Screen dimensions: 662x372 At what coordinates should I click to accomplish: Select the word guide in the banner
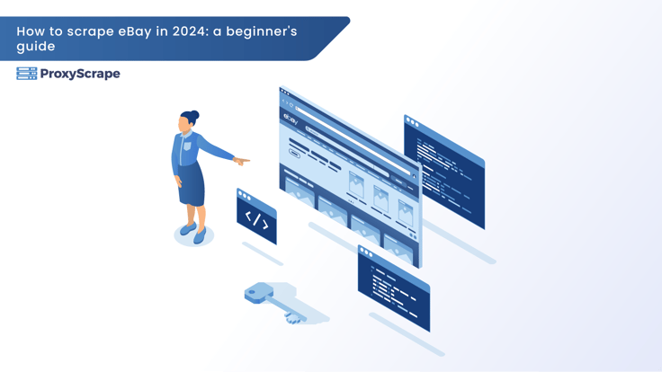click(x=36, y=47)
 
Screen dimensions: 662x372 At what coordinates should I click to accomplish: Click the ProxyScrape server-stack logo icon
click(x=27, y=74)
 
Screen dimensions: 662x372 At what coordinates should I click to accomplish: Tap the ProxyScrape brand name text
click(x=80, y=74)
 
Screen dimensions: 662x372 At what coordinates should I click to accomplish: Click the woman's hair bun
click(x=194, y=115)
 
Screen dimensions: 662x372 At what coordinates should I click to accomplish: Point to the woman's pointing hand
click(x=241, y=161)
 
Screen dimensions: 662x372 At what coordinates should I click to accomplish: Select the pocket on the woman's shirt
click(x=187, y=146)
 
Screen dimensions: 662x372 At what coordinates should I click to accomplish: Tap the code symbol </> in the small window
click(x=256, y=220)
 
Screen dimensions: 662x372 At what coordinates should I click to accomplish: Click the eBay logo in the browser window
click(x=291, y=119)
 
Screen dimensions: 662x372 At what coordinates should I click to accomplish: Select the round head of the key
click(x=255, y=292)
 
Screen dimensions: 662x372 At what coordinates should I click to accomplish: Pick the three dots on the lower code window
click(x=365, y=252)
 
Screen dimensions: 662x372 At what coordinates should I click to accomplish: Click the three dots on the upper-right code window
click(x=412, y=122)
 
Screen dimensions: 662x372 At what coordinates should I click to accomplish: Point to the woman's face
click(x=184, y=124)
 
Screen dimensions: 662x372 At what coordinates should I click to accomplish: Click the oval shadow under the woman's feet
click(x=193, y=235)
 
